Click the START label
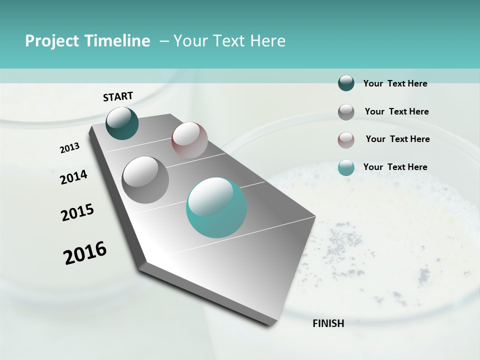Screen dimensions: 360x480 coord(118,96)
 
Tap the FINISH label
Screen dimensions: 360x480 coord(328,323)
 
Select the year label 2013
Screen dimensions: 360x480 coord(69,148)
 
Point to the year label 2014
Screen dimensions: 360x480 coord(74,177)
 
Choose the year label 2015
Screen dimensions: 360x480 coord(77,212)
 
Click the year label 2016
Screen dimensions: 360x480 coord(85,253)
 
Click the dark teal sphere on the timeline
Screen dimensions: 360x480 coord(122,123)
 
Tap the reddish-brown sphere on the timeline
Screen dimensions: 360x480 coord(189,140)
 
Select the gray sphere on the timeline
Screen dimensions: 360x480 coord(145,180)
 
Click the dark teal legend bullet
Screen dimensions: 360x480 coord(346,83)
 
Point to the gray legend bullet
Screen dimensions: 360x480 coord(346,112)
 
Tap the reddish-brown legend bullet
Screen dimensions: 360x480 coord(346,139)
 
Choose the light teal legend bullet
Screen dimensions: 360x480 coord(346,167)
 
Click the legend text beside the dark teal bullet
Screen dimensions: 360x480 coord(395,83)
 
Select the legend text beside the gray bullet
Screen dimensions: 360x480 coord(396,111)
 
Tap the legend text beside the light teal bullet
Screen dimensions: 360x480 coord(395,167)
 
